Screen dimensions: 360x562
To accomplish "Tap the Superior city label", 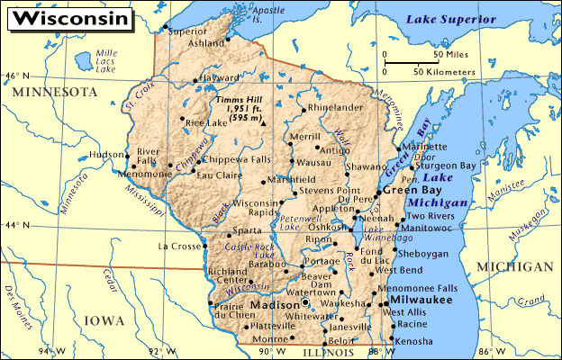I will coord(187,31).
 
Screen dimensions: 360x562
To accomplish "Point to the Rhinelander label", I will coord(335,107).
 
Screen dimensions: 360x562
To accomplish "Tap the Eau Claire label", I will coord(218,174).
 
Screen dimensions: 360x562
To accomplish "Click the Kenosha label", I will coord(414,342).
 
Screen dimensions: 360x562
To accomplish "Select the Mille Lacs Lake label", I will coord(105,61).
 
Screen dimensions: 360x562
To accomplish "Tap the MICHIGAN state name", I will coord(516,266).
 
